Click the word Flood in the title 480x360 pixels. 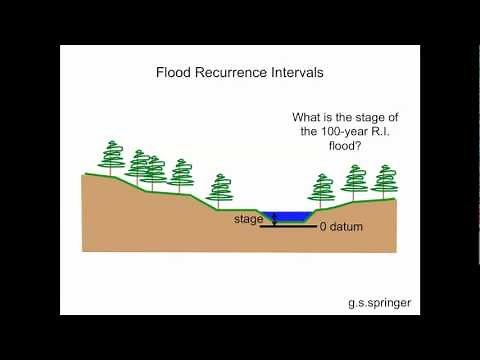(x=174, y=73)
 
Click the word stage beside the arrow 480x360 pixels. (x=248, y=218)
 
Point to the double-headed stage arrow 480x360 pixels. (x=271, y=219)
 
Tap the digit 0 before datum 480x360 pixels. (x=324, y=227)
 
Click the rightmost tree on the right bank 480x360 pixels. (x=384, y=181)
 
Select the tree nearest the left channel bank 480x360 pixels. (x=220, y=189)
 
